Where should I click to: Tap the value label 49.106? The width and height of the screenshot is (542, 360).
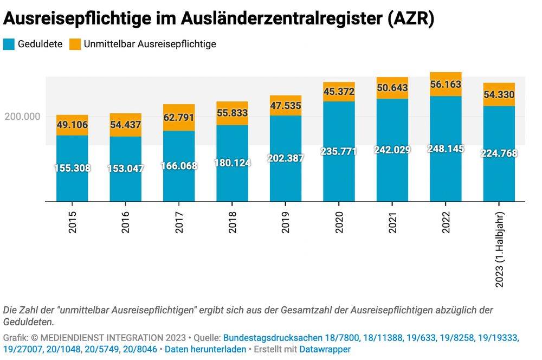point(72,125)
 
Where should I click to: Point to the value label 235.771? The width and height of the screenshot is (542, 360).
point(339,151)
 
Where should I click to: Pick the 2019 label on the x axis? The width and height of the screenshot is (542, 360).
point(286,222)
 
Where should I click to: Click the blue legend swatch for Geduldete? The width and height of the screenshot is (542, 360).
point(9,44)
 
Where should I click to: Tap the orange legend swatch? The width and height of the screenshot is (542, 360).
point(75,44)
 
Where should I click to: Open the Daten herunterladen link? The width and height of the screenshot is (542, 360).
point(205,350)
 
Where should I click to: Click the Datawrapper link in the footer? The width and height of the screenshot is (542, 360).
point(325,350)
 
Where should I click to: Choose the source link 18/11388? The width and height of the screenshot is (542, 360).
point(383,338)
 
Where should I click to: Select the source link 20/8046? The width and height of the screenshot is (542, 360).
point(140,350)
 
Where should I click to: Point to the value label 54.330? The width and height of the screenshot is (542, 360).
point(499,95)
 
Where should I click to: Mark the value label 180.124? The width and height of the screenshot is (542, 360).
point(232,163)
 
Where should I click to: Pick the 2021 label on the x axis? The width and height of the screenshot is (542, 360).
point(392,222)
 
